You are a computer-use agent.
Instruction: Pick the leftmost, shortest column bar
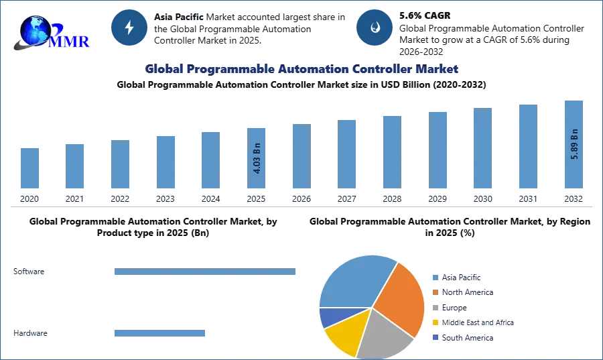point(29,168)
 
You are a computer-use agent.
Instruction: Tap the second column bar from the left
point(74,166)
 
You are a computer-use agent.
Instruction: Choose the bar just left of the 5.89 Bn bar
point(527,147)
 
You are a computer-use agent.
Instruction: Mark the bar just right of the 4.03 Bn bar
point(299,157)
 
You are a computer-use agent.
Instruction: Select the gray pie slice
point(385,333)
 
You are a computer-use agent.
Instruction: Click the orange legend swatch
point(434,292)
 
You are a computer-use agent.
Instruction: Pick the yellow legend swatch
point(434,322)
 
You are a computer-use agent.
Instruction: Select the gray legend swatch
point(434,307)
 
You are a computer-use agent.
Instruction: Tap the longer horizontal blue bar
point(206,273)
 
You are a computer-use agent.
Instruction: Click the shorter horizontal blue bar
point(161,333)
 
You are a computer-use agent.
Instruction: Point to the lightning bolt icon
point(130,27)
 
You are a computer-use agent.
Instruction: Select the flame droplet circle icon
point(375,27)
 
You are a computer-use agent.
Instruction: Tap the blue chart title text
point(301,69)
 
